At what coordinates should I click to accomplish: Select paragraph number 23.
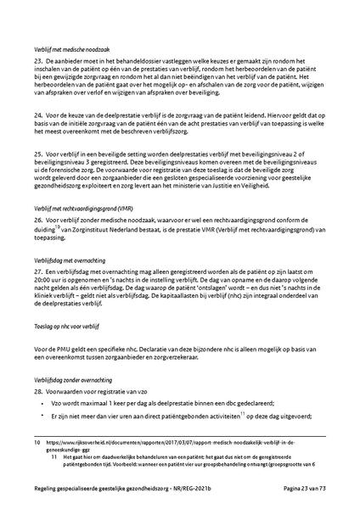click(x=39, y=64)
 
